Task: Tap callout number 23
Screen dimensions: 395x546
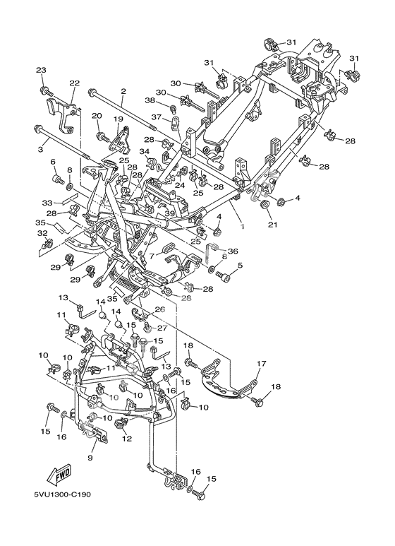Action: pos(41,71)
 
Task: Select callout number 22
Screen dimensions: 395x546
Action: pos(74,83)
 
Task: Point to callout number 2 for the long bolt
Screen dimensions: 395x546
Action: pos(123,92)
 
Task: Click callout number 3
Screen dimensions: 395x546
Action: pos(41,149)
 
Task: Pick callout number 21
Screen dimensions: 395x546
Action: pos(272,225)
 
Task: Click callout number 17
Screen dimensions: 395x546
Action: pos(261,364)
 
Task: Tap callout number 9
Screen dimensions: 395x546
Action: pos(90,458)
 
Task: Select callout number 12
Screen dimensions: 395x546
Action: pos(127,439)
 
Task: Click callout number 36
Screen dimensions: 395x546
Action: pos(233,251)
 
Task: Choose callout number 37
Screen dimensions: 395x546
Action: pos(156,117)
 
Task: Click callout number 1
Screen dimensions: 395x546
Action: pos(243,226)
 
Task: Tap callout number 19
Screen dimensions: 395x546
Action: pos(119,119)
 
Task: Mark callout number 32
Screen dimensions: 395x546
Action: pos(42,234)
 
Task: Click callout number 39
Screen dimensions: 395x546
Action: pos(169,213)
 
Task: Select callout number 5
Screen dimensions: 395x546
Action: pos(240,266)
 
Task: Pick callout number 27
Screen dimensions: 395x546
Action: pos(162,328)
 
